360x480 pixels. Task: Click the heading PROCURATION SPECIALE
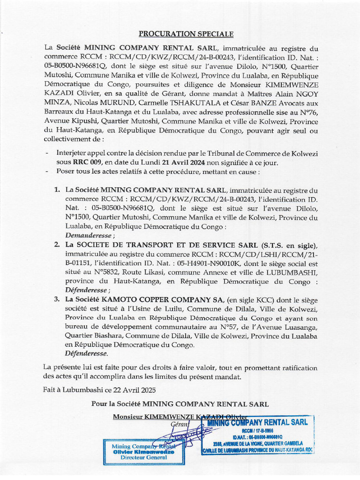click(186, 34)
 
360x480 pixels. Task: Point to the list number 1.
click(57, 190)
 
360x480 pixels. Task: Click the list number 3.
click(57, 300)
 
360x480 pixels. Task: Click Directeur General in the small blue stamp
click(143, 457)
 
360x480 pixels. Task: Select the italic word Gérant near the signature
click(179, 424)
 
